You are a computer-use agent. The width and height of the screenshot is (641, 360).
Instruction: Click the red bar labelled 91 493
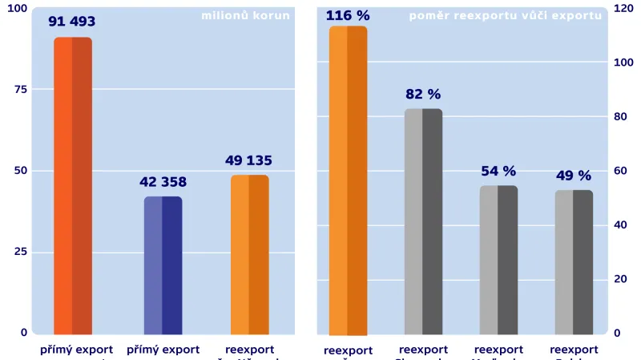tap(73, 185)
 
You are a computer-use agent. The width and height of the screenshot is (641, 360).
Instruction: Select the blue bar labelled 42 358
tap(163, 265)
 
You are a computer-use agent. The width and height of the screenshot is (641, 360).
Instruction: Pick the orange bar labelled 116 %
tap(348, 180)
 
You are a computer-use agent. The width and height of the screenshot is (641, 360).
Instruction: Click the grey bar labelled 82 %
tap(423, 221)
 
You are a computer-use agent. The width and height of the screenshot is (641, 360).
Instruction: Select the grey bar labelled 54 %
tap(498, 260)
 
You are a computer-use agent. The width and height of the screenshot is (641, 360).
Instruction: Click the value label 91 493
tap(72, 22)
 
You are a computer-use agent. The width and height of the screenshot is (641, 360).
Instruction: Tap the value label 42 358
tap(163, 182)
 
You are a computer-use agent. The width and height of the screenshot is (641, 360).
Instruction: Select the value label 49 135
tap(249, 160)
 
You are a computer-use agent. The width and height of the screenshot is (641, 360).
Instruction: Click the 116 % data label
tap(348, 15)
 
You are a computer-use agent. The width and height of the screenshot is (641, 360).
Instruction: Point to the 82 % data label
tap(423, 95)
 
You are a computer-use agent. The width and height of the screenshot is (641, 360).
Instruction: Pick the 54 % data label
tap(498, 172)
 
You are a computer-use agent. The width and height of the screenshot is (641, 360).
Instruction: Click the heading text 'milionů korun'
tap(245, 15)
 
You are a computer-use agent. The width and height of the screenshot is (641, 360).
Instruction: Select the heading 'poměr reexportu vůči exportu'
tap(505, 15)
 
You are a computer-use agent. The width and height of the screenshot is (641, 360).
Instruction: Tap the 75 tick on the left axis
tap(21, 90)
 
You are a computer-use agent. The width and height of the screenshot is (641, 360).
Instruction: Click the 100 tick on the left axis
tap(17, 9)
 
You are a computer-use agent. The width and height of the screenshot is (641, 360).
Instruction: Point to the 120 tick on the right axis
tap(623, 9)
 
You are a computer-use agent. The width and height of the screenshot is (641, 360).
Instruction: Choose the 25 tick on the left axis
tap(21, 252)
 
